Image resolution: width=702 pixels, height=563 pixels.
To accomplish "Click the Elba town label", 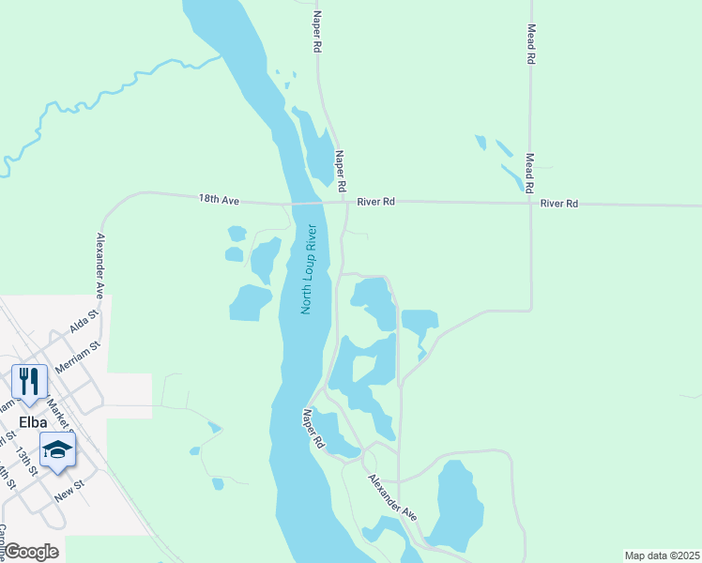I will (x=30, y=421).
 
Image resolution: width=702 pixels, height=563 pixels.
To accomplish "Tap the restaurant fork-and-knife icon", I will (x=29, y=380).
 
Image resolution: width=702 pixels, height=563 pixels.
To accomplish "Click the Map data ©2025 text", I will (x=663, y=555).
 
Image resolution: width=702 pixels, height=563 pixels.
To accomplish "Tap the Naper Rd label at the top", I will (x=318, y=31).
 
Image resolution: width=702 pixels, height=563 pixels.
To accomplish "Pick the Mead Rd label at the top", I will (x=531, y=43).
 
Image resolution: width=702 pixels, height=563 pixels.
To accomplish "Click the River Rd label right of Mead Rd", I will (x=559, y=204).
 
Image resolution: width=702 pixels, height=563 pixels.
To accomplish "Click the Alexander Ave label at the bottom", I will (x=392, y=497).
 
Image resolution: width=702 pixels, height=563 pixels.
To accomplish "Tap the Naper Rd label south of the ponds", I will (x=313, y=428).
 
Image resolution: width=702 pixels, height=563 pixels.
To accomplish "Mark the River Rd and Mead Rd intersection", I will (x=531, y=204).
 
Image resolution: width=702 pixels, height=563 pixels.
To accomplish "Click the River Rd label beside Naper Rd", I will (x=375, y=202).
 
